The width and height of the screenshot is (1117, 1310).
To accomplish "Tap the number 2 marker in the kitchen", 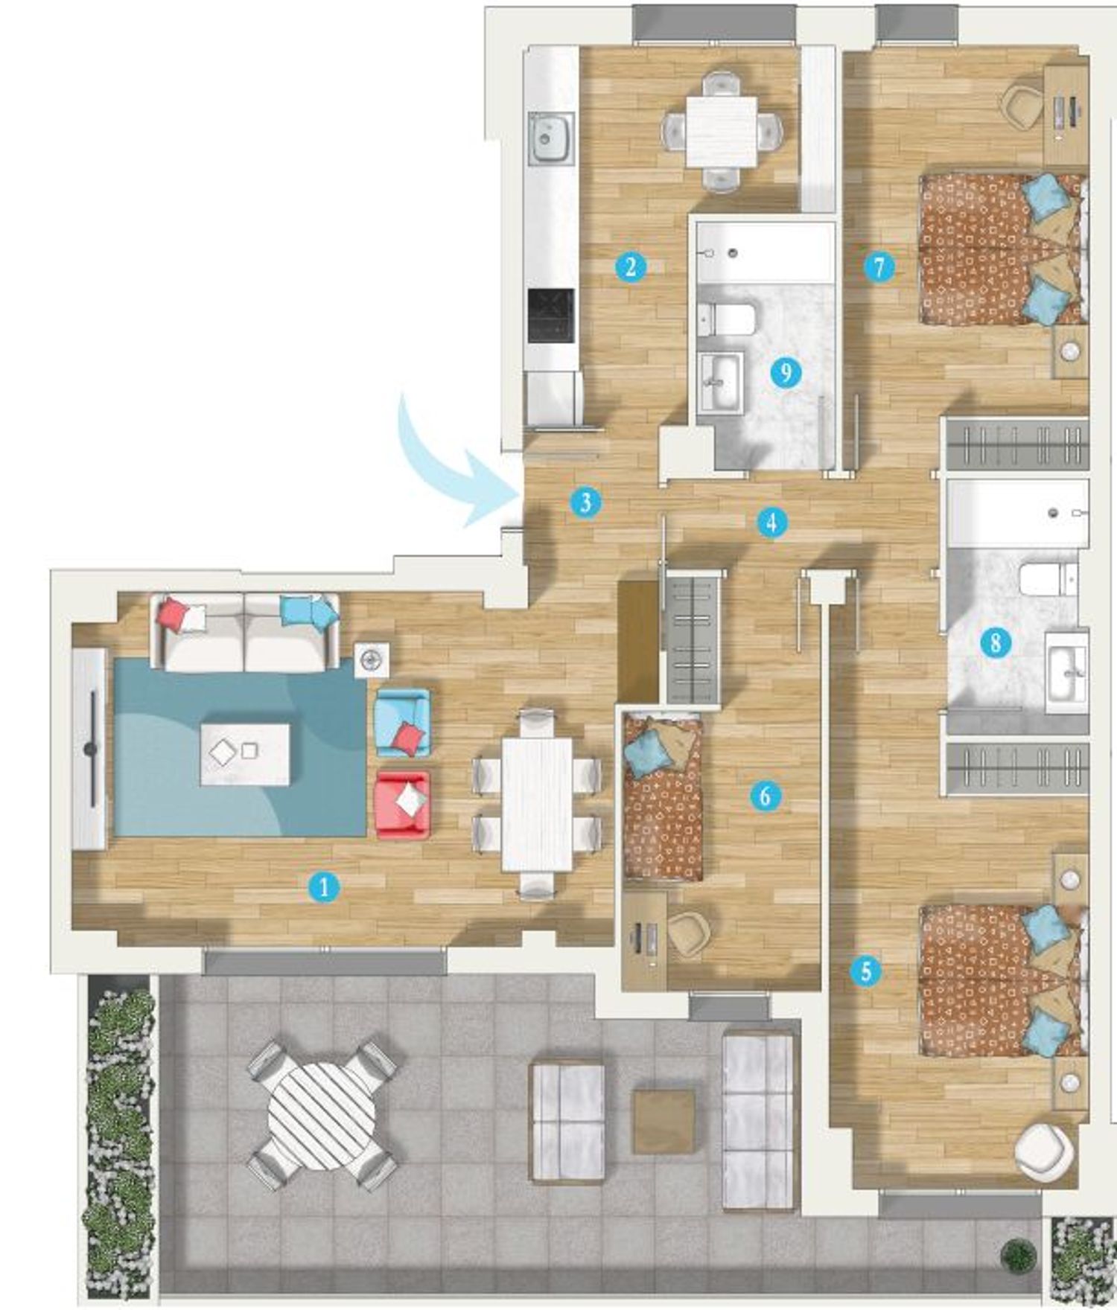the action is click(x=631, y=266).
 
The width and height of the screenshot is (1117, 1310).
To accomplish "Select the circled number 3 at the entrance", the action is click(x=585, y=502).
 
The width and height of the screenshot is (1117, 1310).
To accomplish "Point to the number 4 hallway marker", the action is click(x=771, y=522).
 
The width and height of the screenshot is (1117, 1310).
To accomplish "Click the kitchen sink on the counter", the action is click(x=550, y=139).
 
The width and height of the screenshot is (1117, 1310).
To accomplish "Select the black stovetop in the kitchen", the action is click(x=551, y=316).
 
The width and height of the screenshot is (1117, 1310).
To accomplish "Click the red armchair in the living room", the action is click(x=403, y=806).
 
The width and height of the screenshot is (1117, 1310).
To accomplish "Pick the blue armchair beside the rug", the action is click(x=403, y=723).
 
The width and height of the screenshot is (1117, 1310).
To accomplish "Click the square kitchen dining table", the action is click(x=722, y=132).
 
